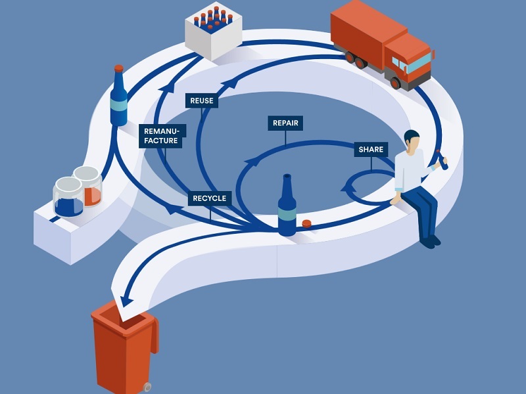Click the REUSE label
click(x=201, y=101)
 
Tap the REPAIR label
click(x=286, y=123)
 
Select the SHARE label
click(x=371, y=150)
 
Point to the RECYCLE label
click(x=209, y=198)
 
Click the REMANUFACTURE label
click(x=161, y=135)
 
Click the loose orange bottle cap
click(x=306, y=223)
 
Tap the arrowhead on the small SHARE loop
click(x=345, y=189)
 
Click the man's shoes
click(x=428, y=242)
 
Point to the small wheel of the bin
click(x=147, y=387)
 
